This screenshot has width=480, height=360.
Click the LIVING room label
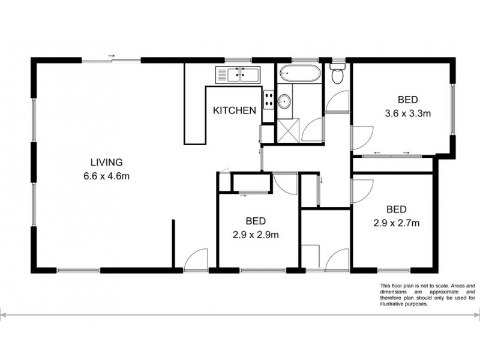[107, 162]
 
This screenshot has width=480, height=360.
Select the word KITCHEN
[236, 110]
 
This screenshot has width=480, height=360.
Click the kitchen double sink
[238, 75]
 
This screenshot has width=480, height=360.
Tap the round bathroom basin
[284, 101]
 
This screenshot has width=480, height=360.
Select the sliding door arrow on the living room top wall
[111, 57]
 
